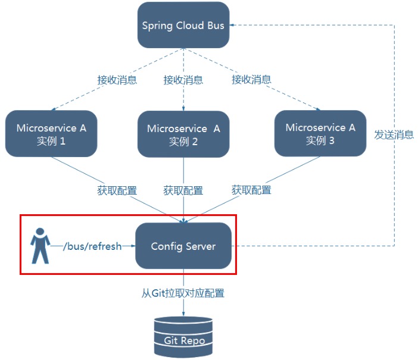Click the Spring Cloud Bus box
183,26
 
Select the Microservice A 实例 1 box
51,134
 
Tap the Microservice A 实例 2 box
183,134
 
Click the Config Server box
183,246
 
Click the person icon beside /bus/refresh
40,245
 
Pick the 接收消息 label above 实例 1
117,80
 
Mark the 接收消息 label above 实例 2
183,80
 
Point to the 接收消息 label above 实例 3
251,79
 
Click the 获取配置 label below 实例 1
117,190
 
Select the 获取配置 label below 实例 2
183,190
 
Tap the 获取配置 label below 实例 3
251,190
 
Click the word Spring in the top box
155,26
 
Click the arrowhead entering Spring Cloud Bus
233,25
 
